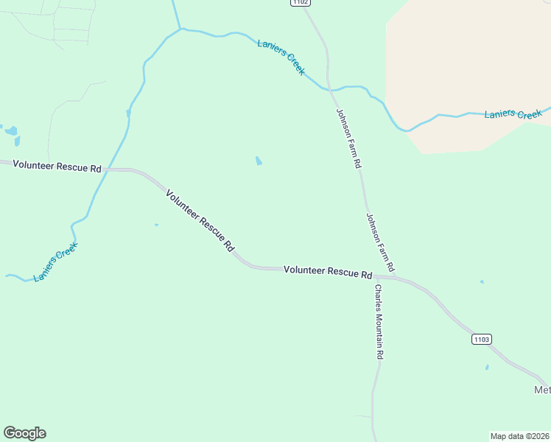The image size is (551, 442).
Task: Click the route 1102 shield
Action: click(299, 3)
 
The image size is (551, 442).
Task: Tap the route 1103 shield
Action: click(481, 339)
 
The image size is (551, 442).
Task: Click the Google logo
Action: click(24, 433)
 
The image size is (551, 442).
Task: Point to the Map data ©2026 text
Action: click(519, 436)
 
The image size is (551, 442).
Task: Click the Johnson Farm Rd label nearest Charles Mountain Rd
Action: click(380, 242)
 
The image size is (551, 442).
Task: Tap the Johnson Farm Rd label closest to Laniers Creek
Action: click(349, 137)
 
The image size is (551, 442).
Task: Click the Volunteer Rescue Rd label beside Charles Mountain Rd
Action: click(328, 272)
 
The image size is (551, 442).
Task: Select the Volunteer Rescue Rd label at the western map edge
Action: click(57, 167)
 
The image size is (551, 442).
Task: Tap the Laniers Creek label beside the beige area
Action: click(513, 114)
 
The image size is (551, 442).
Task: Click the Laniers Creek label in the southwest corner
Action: click(56, 262)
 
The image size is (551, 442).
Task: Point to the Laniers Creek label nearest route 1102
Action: click(281, 56)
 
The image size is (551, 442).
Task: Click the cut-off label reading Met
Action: click(542, 390)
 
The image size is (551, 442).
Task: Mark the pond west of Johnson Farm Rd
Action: click(258, 161)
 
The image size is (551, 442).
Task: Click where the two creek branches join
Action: click(180, 29)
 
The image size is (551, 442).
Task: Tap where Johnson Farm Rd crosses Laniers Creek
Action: click(329, 89)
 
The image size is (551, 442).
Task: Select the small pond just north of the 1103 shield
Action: click(482, 281)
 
